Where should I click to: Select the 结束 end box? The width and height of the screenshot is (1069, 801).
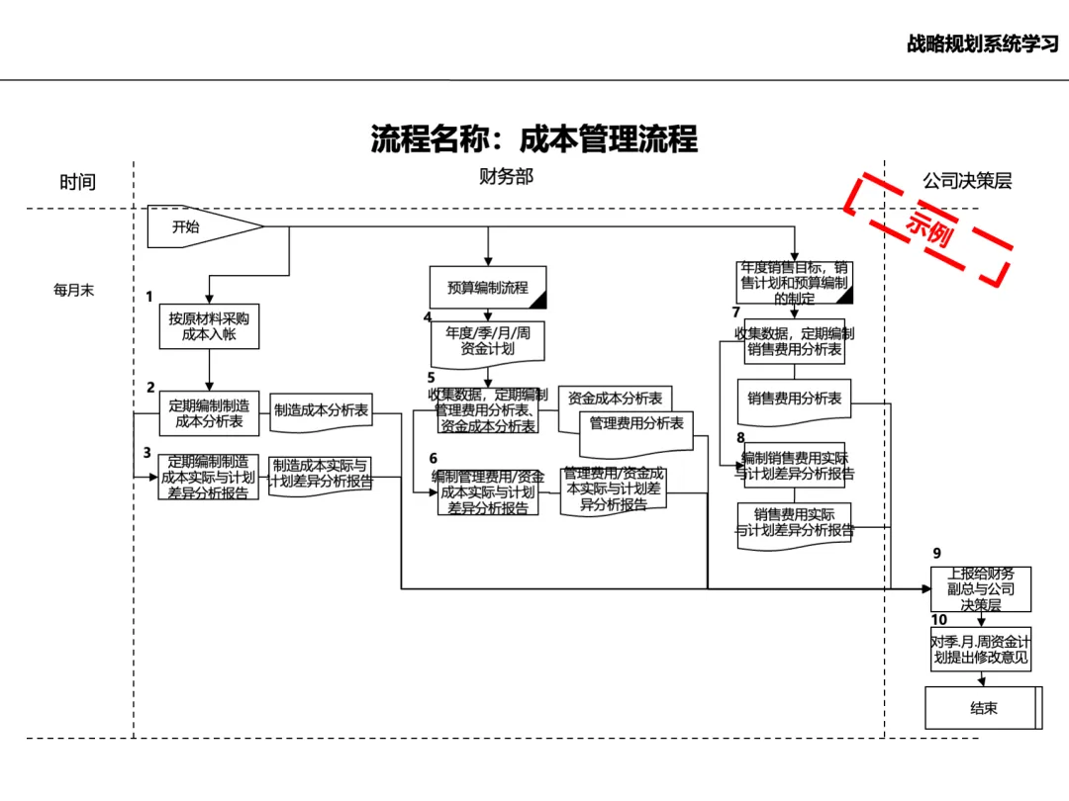coord(983,708)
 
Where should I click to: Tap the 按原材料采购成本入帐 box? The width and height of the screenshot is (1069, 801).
coord(209,326)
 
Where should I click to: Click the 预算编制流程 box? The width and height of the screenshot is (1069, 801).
coord(487,288)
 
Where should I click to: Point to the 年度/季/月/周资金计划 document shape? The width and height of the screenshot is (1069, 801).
coord(487,341)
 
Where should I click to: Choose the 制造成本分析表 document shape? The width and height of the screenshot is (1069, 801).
coord(321,410)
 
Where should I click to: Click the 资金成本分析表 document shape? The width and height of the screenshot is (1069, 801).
coord(615,399)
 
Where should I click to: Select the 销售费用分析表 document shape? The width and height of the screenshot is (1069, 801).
coord(794,399)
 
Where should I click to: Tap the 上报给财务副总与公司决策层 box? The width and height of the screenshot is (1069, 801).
coord(981,589)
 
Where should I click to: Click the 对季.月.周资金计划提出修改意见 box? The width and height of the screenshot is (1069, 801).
coord(981,649)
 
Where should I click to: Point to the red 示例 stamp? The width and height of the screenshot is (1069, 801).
coord(927,228)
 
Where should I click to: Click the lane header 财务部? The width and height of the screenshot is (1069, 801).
coord(506,178)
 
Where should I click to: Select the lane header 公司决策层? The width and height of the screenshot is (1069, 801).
coord(967,181)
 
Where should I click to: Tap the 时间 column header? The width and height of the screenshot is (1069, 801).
coord(77,182)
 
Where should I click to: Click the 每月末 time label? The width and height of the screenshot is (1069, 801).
coord(74,291)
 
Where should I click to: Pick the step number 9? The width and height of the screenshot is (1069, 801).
coord(936,554)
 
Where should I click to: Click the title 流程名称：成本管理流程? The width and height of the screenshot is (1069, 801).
coord(534,138)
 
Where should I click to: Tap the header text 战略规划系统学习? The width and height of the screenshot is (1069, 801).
coord(982,44)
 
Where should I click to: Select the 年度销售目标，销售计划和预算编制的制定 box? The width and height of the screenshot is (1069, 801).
coord(794,283)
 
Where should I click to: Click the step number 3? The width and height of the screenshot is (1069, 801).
coord(147,453)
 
